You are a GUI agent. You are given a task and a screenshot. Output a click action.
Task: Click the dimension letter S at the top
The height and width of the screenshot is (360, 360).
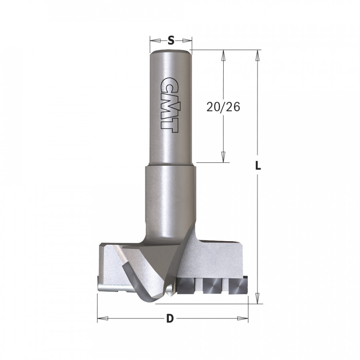click(171, 40)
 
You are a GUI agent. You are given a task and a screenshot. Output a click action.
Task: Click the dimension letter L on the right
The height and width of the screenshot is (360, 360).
click(258, 165)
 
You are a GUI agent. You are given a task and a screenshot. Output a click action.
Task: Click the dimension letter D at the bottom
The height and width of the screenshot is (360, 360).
click(170, 319)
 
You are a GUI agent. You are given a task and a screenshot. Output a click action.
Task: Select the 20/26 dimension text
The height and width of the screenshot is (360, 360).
click(223, 107)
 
